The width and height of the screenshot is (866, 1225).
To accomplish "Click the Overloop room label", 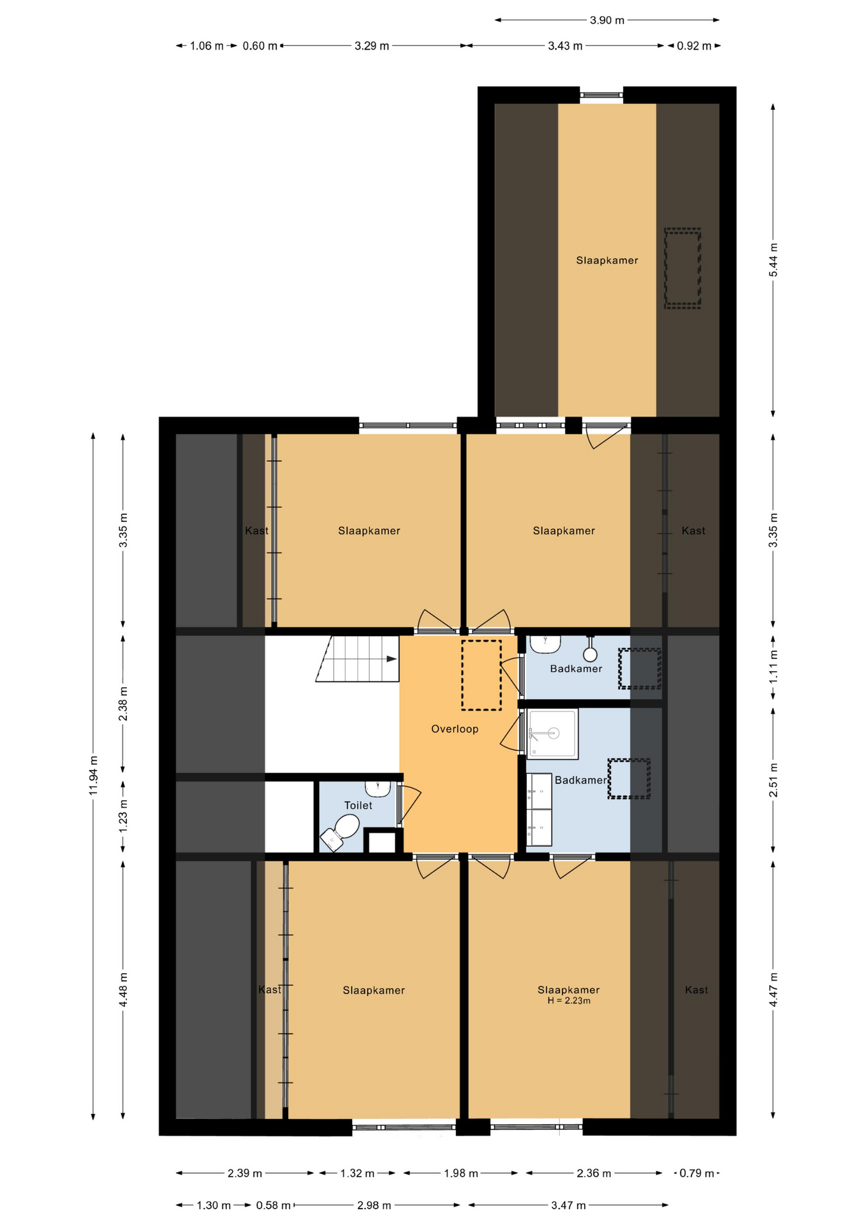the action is coord(455,729).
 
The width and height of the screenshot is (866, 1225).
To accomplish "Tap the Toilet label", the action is coord(358,805).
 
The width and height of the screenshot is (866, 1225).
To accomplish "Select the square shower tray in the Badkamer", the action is coord(553,734).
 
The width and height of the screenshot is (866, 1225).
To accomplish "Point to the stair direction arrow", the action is coord(392,658).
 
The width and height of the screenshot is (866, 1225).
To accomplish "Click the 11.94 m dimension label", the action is coord(94,775).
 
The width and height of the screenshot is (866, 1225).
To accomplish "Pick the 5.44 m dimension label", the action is coord(773,260).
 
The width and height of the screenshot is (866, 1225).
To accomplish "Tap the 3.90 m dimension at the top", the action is coord(607,20).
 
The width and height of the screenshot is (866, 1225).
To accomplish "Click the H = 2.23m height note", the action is coord(569,1000).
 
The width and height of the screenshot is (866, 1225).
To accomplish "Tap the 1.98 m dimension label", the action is coord(461,1173).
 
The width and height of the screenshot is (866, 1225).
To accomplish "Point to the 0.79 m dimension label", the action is coord(697,1173).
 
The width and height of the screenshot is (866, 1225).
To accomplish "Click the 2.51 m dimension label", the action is coord(773,780).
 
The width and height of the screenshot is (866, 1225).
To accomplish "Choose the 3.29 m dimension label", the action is coord(372,46).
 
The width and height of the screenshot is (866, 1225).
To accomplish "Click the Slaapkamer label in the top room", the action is coord(607,260).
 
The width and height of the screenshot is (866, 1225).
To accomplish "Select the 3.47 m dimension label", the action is coord(568,1205).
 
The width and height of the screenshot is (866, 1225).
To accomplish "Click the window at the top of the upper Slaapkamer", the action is coord(601,95).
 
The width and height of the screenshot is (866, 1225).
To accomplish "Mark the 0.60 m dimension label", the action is coord(260,46).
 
